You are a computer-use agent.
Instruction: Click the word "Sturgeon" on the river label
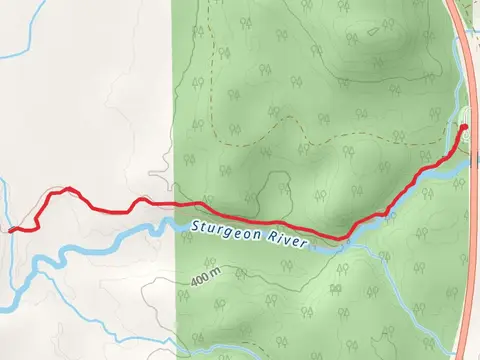pyautogui.click(x=222, y=231)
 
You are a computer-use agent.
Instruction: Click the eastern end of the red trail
pyautogui.click(x=464, y=127)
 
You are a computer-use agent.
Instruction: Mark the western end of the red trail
pyautogui.click(x=11, y=230)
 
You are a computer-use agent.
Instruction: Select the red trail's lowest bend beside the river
pyautogui.click(x=345, y=237)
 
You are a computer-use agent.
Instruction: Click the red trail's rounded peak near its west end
pyautogui.click(x=66, y=188)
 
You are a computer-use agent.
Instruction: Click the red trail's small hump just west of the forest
pyautogui.click(x=141, y=200)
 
